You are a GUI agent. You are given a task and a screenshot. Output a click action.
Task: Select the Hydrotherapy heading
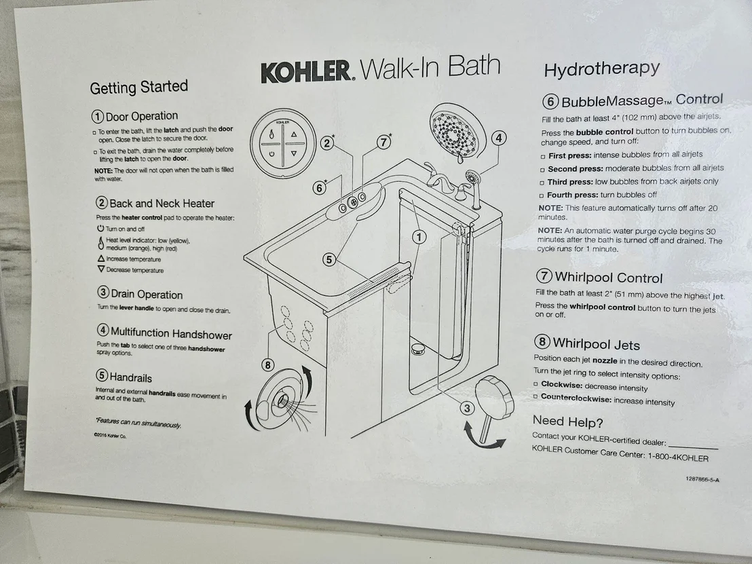(602, 69)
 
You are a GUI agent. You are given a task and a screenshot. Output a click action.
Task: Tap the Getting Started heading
(138, 87)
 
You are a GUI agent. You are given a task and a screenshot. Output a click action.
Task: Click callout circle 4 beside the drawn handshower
(499, 138)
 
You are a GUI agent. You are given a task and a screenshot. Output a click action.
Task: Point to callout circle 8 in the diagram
(267, 365)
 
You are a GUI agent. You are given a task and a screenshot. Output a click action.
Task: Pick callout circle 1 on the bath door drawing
(419, 237)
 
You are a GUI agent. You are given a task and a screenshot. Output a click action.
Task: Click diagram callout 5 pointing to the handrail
(328, 260)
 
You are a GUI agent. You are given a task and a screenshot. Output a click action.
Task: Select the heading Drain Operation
(147, 294)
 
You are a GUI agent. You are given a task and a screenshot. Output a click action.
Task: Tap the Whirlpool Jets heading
(596, 344)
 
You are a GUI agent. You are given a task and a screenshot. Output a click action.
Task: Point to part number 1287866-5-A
(702, 478)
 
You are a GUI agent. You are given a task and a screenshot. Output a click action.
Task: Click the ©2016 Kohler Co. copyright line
(110, 436)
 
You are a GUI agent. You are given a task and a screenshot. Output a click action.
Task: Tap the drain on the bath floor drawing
(418, 349)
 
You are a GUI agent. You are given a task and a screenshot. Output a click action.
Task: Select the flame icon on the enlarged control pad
(271, 135)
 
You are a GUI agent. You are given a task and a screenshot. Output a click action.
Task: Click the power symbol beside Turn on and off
(100, 228)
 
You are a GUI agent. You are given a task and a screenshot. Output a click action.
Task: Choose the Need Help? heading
(568, 421)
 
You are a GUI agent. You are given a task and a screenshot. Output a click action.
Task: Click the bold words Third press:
(569, 182)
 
